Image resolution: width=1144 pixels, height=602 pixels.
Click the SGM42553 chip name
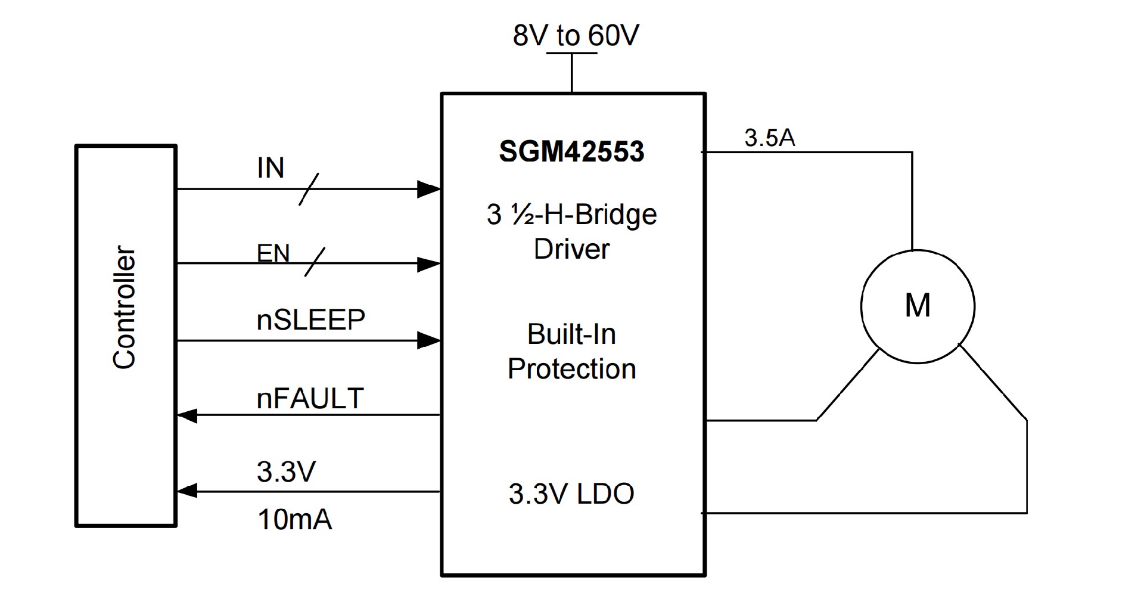tap(571, 151)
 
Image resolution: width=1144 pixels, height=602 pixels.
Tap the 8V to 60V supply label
tap(576, 35)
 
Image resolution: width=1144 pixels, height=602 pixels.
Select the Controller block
tap(126, 336)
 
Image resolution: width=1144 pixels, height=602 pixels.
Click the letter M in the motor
tap(918, 306)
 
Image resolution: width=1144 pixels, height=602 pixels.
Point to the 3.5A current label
tap(770, 138)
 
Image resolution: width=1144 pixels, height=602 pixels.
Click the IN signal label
tap(271, 168)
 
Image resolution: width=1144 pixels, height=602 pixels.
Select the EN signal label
tap(273, 254)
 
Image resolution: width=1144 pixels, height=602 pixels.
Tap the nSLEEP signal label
tap(310, 320)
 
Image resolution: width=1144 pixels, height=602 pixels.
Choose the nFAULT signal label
tap(310, 398)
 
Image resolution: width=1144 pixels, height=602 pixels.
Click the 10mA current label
tap(294, 520)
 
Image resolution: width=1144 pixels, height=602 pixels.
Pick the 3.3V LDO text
tap(571, 494)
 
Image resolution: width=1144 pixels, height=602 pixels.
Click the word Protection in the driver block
tap(571, 369)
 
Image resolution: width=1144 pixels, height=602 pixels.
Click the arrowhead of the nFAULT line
tap(188, 415)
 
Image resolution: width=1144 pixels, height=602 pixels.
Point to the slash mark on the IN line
tap(308, 189)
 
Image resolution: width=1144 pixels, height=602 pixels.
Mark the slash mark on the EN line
tap(315, 263)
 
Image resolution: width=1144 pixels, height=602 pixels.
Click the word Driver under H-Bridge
tap(571, 249)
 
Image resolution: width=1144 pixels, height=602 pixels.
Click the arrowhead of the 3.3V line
tap(188, 491)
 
